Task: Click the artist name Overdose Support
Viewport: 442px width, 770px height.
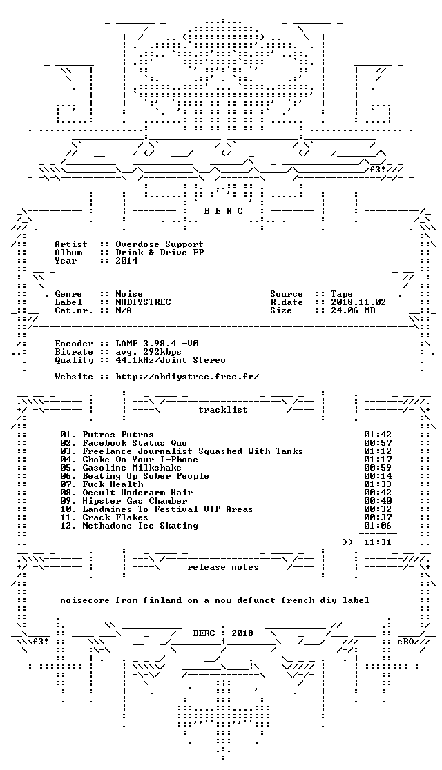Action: coord(160,244)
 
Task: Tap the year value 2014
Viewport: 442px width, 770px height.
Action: coord(126,261)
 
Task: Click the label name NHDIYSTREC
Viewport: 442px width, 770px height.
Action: coord(143,302)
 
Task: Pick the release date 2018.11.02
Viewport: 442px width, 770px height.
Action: coord(358,302)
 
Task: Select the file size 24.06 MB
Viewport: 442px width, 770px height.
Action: coord(353,310)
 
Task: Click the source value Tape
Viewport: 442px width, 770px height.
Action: coord(342,294)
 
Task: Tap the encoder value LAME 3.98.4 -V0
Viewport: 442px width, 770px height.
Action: coord(157,344)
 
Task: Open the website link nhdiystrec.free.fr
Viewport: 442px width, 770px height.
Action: coord(187,377)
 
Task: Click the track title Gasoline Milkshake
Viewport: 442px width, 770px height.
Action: coord(132,468)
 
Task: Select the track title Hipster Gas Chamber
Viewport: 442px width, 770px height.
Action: coord(135,501)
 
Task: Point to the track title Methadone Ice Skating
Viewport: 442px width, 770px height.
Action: coord(140,526)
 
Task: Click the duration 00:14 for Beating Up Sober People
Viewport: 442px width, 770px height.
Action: coord(378,476)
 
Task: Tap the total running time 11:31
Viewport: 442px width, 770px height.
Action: coord(378,542)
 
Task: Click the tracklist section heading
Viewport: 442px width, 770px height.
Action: coord(223,410)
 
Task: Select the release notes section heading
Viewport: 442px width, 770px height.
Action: coord(223,567)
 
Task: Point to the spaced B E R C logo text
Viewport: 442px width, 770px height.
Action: coord(223,211)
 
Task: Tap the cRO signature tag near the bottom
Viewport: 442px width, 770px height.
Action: coord(405,642)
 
